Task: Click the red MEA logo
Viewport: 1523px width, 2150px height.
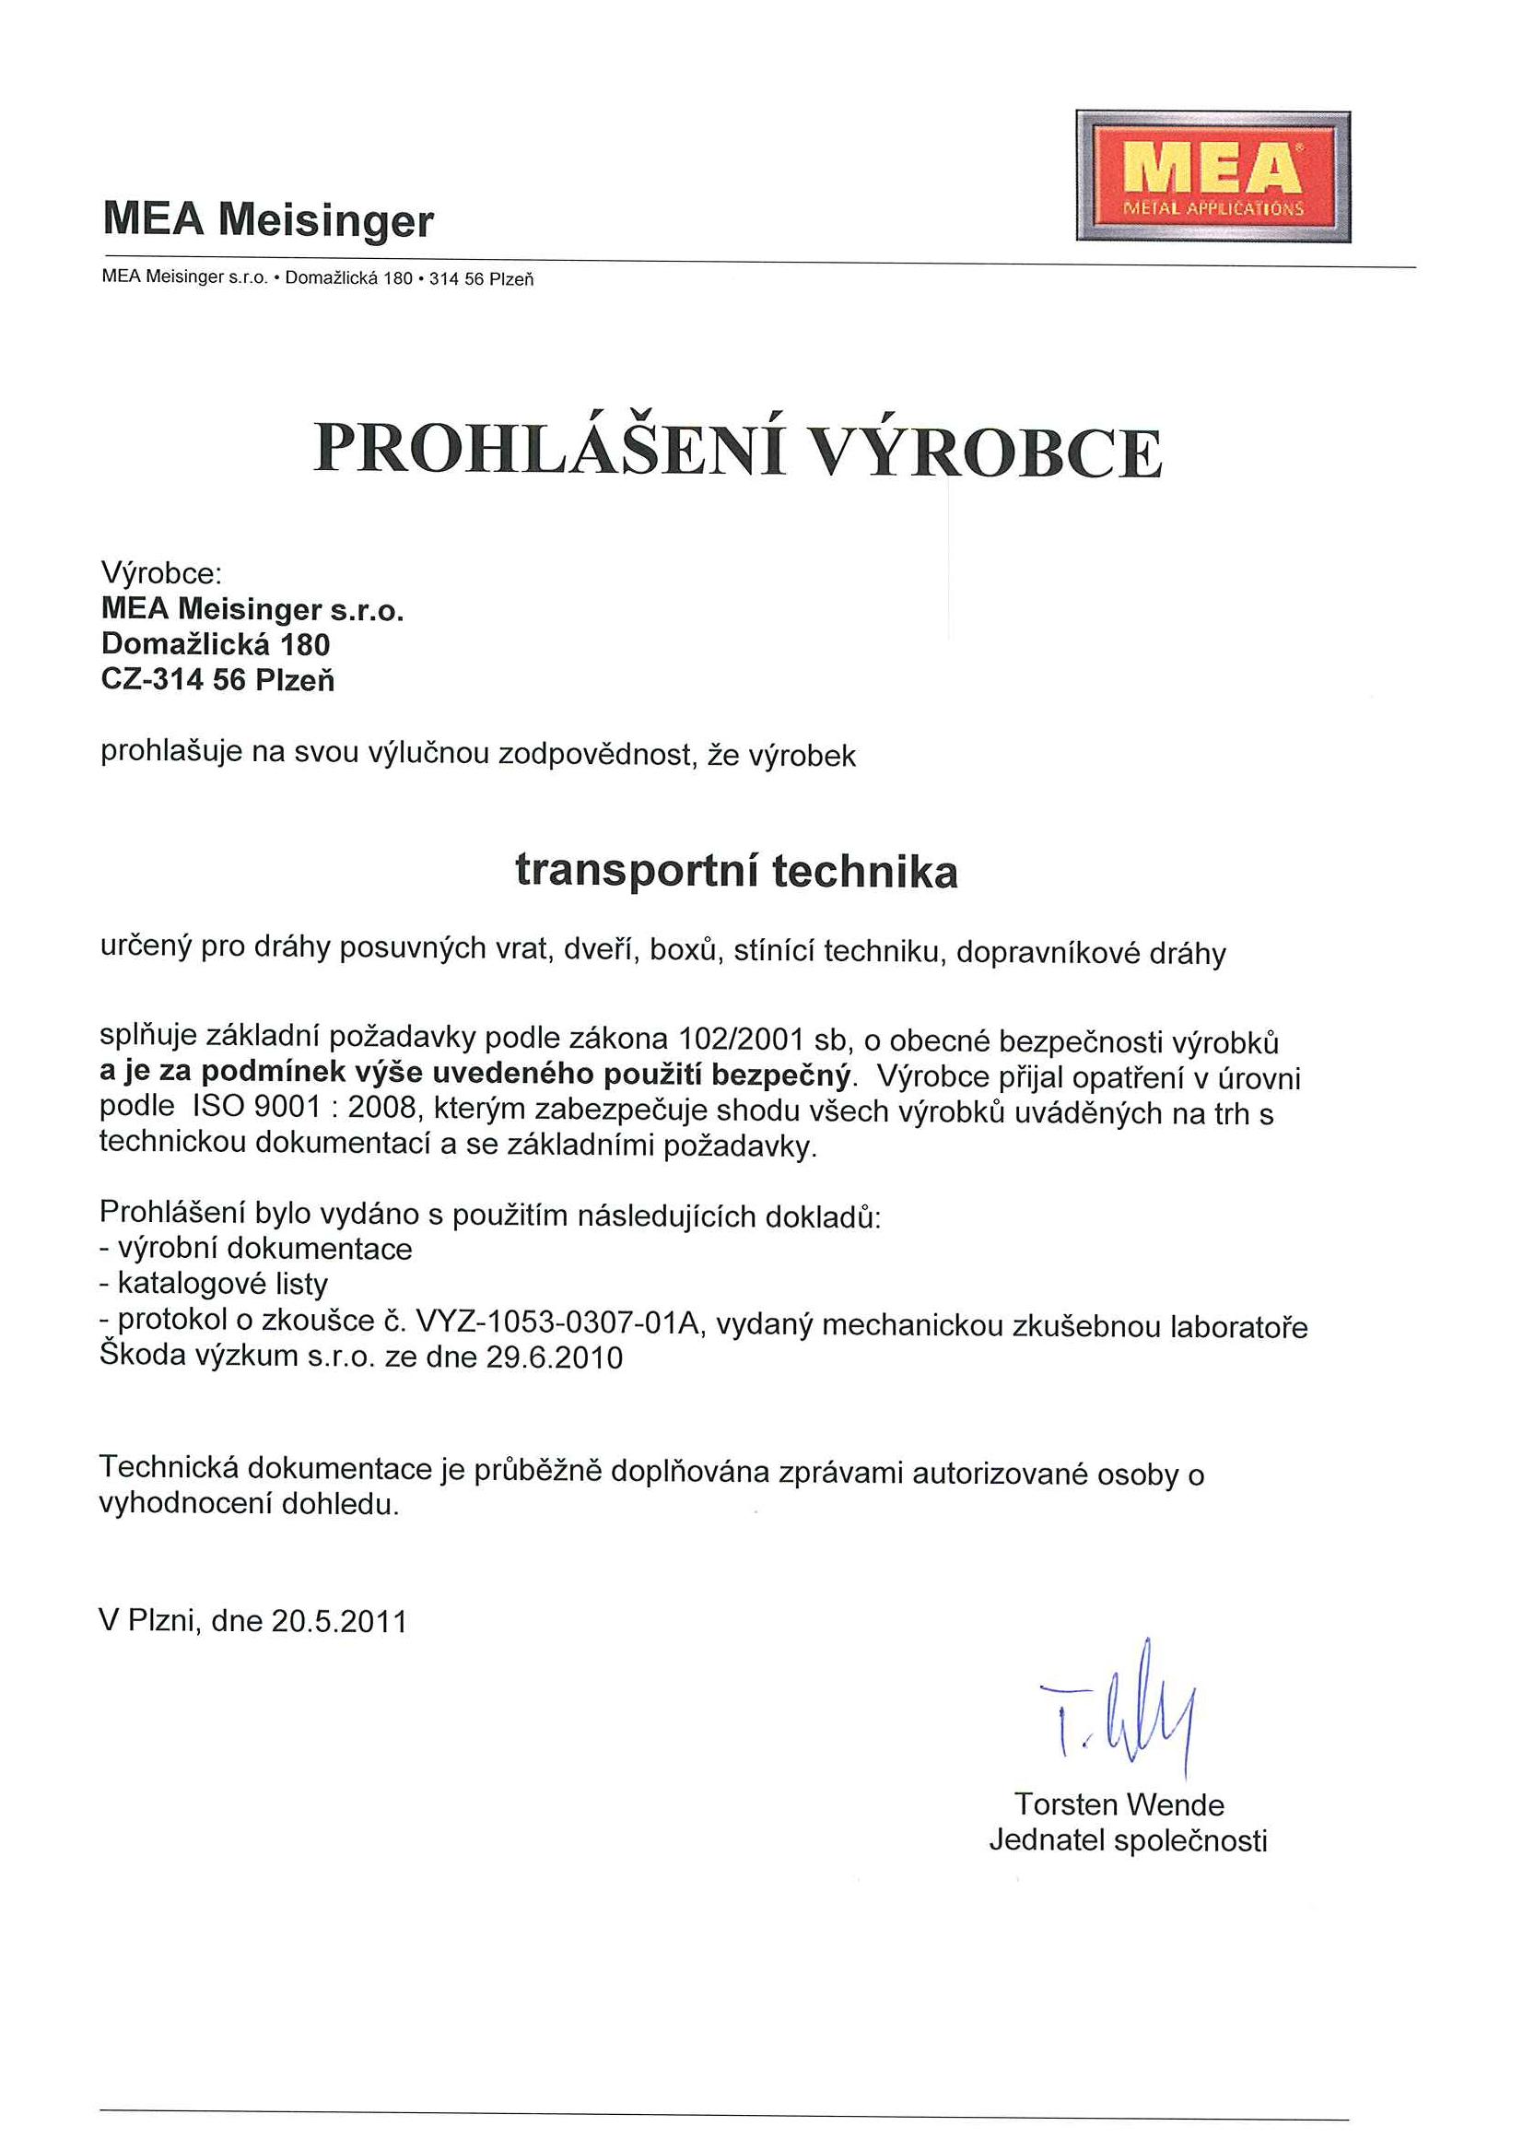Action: click(1213, 176)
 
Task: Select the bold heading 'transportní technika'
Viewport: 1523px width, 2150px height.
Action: click(736, 872)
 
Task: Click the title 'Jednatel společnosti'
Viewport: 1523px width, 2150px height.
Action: click(1127, 1840)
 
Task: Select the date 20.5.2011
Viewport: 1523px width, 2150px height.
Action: click(339, 1621)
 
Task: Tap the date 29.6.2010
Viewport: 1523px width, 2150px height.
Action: click(555, 1357)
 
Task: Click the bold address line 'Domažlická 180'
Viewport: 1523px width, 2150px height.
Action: click(216, 644)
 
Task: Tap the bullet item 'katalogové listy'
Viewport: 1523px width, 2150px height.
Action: click(221, 1283)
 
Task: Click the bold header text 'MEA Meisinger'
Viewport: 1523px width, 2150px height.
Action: click(268, 221)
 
